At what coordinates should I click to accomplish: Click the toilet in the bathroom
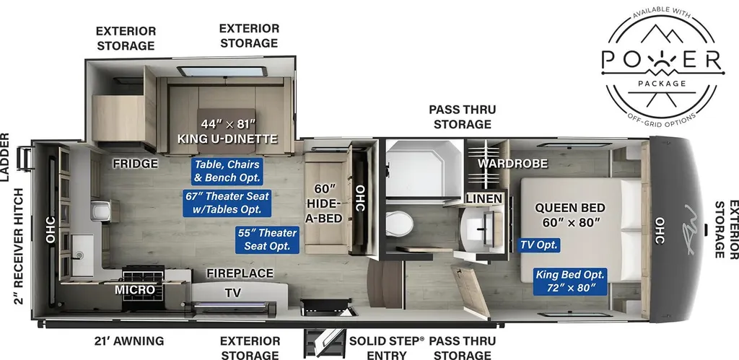pos(399,224)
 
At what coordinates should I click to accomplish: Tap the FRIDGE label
pos(135,164)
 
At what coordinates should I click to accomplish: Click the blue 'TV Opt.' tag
pos(539,245)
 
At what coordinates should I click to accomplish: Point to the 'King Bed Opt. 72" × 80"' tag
pos(570,281)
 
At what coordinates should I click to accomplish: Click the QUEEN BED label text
pos(570,208)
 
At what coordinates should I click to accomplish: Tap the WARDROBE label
pos(513,164)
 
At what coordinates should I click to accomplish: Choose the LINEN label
pos(484,199)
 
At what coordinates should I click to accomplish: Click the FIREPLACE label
pos(240,273)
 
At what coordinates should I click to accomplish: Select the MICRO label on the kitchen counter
pos(135,290)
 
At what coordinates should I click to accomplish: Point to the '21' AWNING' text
pos(128,341)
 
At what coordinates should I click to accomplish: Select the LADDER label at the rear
pos(5,157)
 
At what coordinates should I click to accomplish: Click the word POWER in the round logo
pos(662,61)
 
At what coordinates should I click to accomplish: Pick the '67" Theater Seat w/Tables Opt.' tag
pos(227,203)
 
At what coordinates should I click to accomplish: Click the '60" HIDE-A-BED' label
pos(325,203)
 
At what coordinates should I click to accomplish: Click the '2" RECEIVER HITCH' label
pos(19,245)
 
